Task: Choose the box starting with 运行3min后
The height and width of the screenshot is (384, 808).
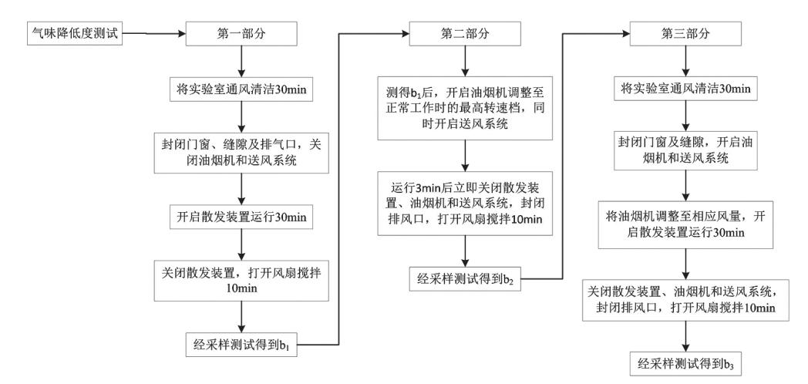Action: [464, 203]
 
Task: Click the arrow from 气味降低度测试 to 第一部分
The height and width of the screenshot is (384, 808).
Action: [154, 33]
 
